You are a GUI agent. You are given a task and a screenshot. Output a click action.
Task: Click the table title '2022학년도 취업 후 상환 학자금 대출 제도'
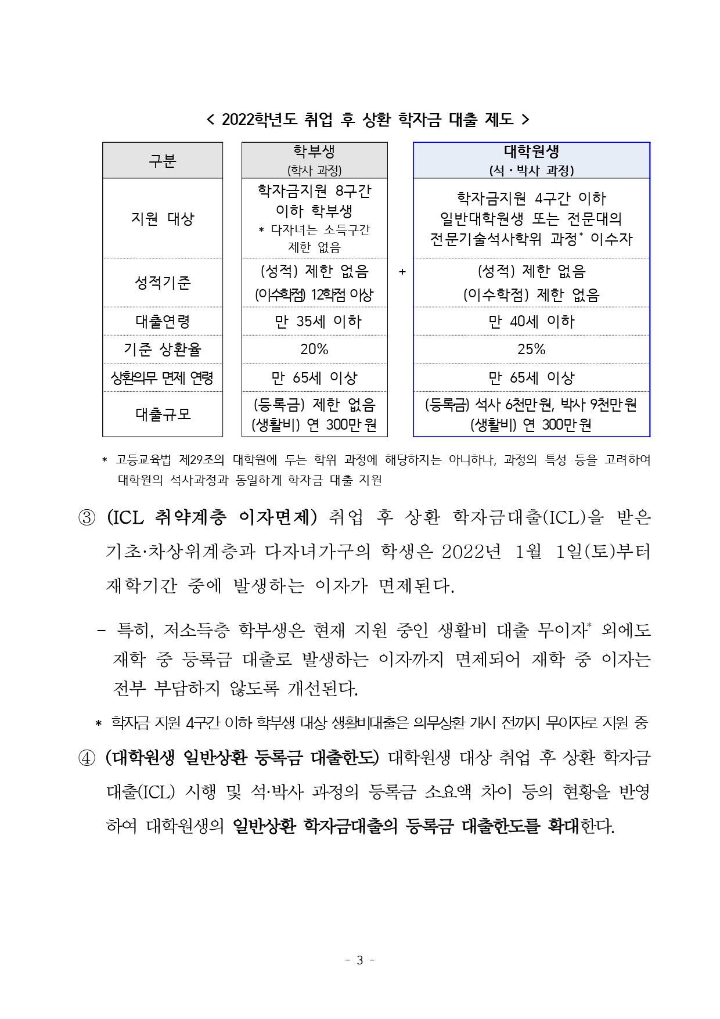[368, 120]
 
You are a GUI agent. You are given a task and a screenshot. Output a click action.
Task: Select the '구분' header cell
[163, 161]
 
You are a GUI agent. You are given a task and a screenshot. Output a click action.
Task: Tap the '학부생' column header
[314, 152]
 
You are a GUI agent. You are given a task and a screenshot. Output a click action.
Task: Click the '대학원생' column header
[531, 152]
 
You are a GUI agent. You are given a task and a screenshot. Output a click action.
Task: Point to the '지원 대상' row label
[163, 219]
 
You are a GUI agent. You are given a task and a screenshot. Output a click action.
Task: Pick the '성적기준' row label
[163, 283]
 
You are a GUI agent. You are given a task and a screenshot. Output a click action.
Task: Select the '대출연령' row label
[163, 322]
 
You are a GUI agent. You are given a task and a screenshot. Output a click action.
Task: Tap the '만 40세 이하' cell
[531, 322]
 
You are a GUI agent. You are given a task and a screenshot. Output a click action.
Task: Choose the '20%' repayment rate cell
[314, 350]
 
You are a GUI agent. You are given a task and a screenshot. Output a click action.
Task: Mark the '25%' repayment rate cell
[531, 350]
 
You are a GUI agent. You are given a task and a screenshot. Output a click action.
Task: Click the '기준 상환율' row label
[163, 350]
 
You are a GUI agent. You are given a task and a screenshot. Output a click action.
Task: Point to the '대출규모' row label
[163, 415]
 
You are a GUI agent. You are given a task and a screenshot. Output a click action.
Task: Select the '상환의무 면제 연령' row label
[163, 378]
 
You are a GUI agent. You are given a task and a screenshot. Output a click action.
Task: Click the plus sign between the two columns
[402, 272]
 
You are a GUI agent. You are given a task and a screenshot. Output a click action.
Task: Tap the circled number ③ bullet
[87, 517]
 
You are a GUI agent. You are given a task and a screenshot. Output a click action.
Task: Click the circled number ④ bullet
[87, 758]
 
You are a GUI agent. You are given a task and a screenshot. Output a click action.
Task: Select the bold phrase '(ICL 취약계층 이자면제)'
[213, 517]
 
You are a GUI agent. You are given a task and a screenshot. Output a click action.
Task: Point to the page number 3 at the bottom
[359, 960]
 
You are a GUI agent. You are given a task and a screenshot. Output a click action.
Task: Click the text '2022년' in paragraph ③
[471, 552]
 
